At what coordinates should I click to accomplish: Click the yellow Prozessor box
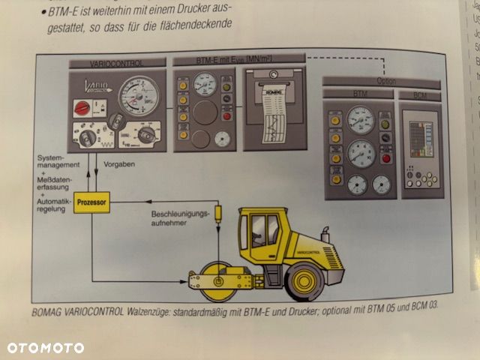click(x=93, y=202)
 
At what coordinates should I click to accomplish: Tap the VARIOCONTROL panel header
click(x=116, y=63)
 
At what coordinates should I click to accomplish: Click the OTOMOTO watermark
click(x=46, y=348)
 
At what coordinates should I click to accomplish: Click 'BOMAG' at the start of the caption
click(x=49, y=313)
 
